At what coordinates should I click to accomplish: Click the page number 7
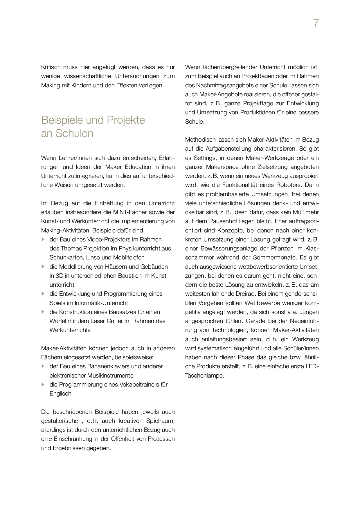316,24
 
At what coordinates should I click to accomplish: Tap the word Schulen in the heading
75,133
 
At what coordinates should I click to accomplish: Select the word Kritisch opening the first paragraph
51,67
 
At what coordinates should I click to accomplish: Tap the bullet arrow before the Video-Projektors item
43,239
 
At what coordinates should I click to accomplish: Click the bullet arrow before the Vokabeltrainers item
43,385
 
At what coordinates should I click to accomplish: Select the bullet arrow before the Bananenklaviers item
43,366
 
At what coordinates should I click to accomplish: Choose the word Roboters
293,185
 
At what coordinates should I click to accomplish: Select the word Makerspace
222,167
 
